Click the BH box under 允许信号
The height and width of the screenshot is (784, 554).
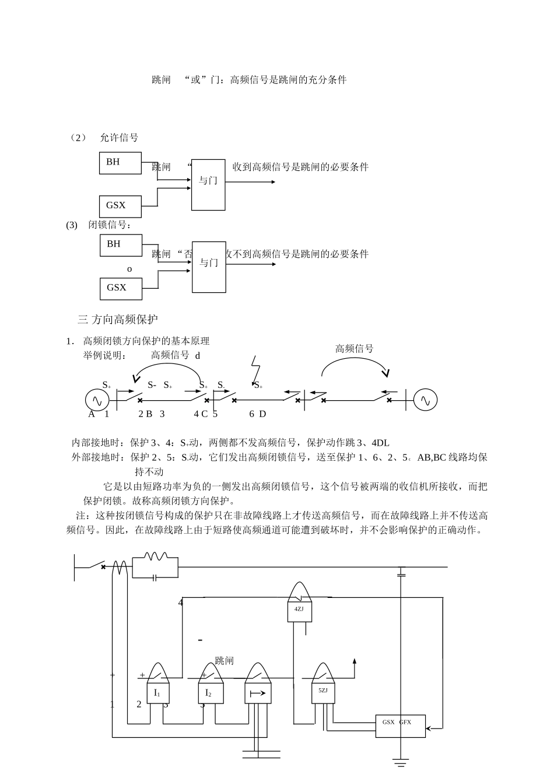pos(120,163)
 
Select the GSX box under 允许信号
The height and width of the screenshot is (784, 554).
pos(120,206)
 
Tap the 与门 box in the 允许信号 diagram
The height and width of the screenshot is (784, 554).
pos(208,184)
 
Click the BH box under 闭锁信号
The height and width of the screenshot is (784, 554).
pos(121,245)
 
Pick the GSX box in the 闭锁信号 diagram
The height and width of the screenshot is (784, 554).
pos(121,288)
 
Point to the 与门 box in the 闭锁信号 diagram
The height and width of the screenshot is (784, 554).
pos(209,267)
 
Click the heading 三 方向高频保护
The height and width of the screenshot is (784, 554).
pos(118,319)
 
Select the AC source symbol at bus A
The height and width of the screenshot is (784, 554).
pos(97,400)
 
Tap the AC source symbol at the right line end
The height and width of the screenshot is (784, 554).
pos(425,400)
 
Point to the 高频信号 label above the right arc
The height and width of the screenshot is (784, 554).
pos(354,349)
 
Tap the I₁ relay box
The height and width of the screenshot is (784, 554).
pos(157,693)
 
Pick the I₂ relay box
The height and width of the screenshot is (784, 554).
pos(208,693)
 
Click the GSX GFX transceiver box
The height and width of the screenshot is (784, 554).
pos(400,725)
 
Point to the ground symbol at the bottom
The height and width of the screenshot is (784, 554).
pos(401,762)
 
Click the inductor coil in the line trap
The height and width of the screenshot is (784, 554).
pos(155,558)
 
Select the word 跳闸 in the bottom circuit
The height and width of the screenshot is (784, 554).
pos(224,661)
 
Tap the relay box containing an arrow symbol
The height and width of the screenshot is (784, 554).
pos(257,693)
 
